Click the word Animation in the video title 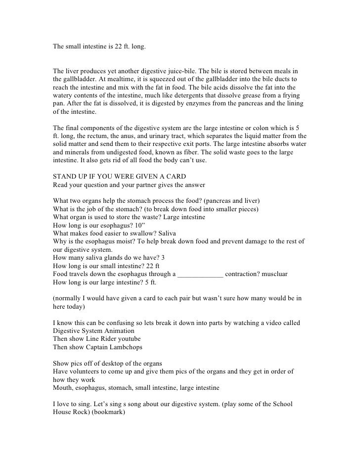click(x=116, y=330)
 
